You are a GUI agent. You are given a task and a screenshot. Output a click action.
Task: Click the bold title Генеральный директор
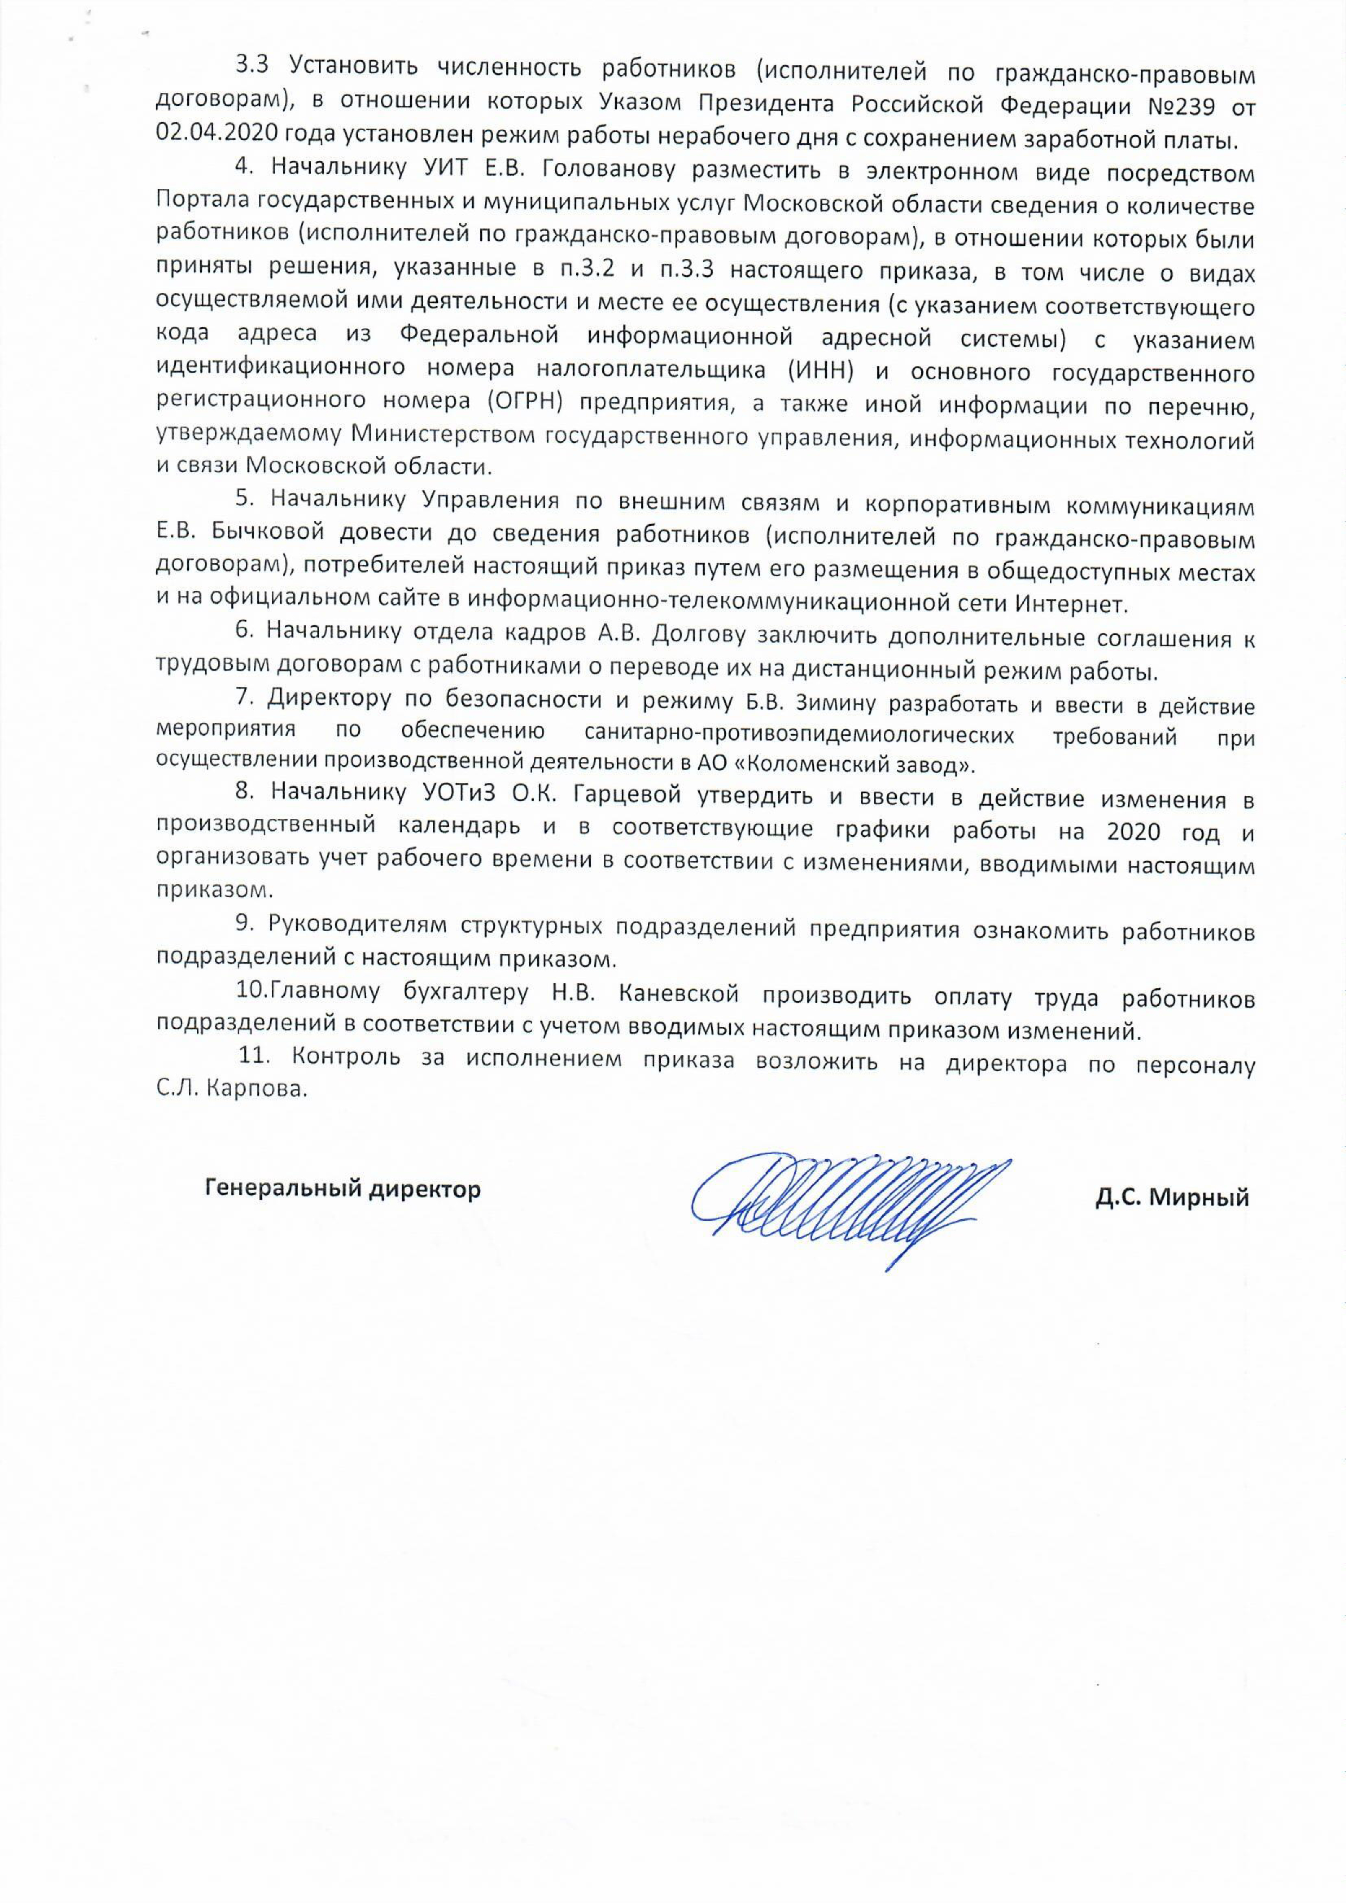[x=342, y=1190]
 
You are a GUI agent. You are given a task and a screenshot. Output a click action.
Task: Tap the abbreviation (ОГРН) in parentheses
[x=515, y=404]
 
